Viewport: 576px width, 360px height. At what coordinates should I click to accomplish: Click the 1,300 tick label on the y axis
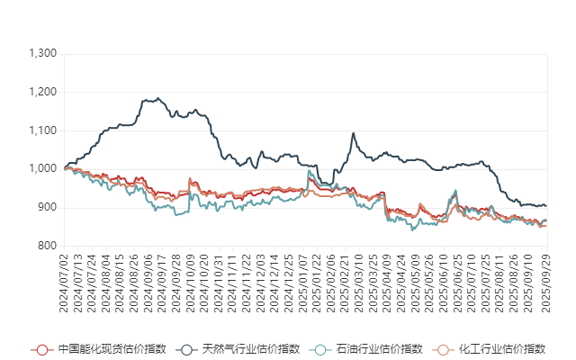point(43,54)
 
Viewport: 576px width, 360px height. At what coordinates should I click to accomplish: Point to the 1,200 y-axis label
point(43,93)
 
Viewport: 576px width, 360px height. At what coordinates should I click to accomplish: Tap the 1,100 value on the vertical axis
point(43,130)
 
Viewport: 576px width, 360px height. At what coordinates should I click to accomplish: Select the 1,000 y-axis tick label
point(43,169)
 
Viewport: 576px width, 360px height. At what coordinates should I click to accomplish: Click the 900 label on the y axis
point(49,207)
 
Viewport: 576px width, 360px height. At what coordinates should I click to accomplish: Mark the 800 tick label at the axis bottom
point(49,246)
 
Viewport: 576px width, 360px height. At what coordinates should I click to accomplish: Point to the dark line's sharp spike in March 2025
point(353,133)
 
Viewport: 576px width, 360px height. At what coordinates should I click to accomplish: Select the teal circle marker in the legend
point(318,349)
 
